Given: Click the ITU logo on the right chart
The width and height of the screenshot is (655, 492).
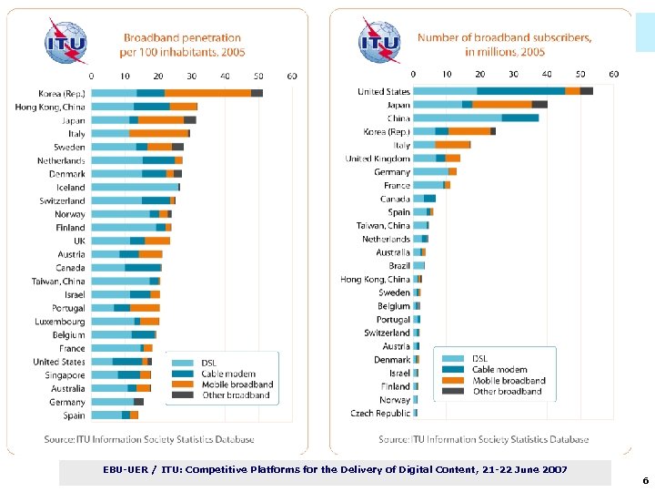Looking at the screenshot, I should tap(379, 42).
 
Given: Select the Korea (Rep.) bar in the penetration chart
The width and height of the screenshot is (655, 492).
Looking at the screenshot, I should tap(176, 93).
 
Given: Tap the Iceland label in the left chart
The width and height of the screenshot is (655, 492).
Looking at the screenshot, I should tap(71, 187).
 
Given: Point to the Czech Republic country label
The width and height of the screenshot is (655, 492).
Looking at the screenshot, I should tap(380, 413).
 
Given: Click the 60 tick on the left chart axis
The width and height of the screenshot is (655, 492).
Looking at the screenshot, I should tap(292, 77).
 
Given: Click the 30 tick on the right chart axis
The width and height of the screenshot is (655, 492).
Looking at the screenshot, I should tap(513, 74).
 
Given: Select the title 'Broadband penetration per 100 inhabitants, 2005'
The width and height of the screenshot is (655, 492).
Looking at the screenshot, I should tap(182, 45).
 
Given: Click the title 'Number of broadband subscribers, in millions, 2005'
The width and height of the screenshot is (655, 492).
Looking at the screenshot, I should tap(504, 45).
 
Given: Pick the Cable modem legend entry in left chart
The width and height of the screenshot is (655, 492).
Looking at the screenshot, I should tap(228, 374).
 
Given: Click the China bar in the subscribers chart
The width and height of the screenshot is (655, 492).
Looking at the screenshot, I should tap(475, 118).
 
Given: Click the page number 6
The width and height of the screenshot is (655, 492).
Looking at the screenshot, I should tap(645, 480).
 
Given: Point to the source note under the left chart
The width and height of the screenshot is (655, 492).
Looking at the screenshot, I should tap(149, 439).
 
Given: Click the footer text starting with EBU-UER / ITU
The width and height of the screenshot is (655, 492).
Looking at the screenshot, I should tap(335, 469).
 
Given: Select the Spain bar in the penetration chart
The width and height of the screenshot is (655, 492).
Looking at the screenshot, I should tap(115, 415).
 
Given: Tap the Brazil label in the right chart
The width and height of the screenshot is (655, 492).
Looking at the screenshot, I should tap(399, 266).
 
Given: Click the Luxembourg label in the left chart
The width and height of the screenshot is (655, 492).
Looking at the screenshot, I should tap(60, 322).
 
